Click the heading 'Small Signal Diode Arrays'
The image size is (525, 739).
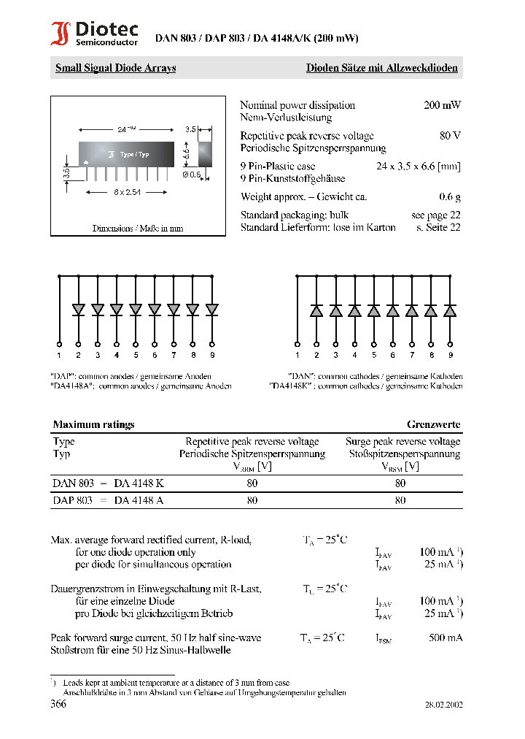click(115, 69)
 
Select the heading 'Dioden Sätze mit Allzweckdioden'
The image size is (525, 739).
click(381, 69)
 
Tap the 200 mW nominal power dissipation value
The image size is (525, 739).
click(442, 105)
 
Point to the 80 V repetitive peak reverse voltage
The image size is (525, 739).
click(450, 136)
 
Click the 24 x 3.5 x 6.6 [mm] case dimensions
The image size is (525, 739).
click(418, 166)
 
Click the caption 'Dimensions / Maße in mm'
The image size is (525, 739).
click(138, 229)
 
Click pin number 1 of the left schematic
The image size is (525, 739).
click(60, 355)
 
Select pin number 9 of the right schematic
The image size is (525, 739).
click(451, 355)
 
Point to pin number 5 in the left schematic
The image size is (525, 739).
click(136, 355)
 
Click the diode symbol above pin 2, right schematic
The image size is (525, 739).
click(317, 311)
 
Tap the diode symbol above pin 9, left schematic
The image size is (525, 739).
click(211, 310)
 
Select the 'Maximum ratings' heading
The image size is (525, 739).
click(93, 424)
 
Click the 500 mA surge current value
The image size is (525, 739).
click(446, 638)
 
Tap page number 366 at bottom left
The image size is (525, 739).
click(58, 705)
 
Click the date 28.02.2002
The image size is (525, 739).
click(443, 705)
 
